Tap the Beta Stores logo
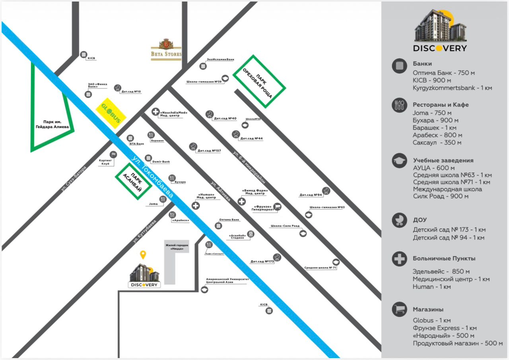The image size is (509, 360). [166, 49]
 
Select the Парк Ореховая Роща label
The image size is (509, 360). [260, 81]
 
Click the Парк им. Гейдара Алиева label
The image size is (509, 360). [53, 125]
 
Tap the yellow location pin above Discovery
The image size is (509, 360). [143, 255]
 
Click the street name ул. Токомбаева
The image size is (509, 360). [152, 176]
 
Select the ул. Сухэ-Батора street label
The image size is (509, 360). [74, 179]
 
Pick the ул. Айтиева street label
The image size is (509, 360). [220, 192]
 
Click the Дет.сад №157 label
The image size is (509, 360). [209, 151]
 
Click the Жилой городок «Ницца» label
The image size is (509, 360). [177, 247]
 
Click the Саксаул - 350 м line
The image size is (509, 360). [437, 142]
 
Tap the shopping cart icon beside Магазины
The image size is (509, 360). [399, 309]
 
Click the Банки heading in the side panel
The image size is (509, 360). [422, 64]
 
